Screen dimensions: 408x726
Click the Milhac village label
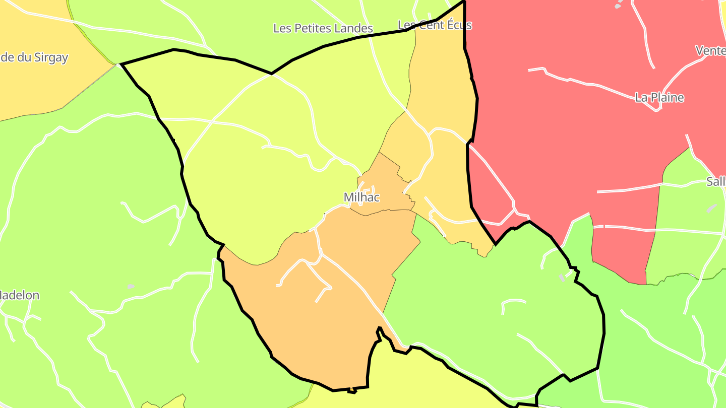pos(361,197)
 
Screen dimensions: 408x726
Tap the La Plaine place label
pos(659,97)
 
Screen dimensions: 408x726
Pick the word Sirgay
pos(51,57)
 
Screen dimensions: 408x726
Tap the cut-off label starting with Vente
pos(710,50)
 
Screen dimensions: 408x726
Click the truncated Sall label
pos(715,181)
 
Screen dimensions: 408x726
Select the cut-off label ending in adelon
pos(20,295)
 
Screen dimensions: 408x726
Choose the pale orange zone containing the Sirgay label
pos(40,86)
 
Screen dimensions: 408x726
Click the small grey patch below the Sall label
pos(711,208)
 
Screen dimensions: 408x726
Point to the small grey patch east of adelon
pos(131,286)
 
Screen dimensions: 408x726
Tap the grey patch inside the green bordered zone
pos(562,278)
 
